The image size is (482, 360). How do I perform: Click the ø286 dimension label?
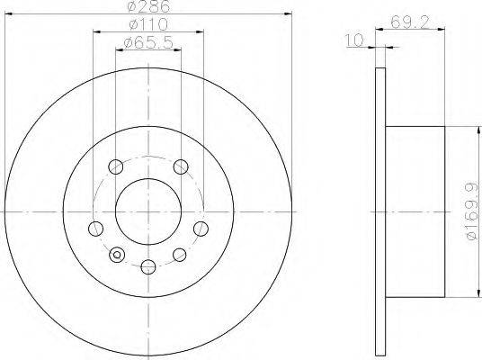[148, 6]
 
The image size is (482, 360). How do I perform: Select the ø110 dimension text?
[148, 24]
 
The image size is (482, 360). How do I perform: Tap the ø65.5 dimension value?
[148, 42]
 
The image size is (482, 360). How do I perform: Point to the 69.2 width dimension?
[409, 22]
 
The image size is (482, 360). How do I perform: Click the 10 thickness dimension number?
[355, 40]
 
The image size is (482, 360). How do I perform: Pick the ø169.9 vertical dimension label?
[471, 211]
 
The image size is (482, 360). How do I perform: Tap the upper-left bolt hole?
[116, 166]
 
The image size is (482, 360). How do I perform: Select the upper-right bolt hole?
[181, 166]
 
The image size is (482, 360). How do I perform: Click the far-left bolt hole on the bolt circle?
[95, 229]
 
